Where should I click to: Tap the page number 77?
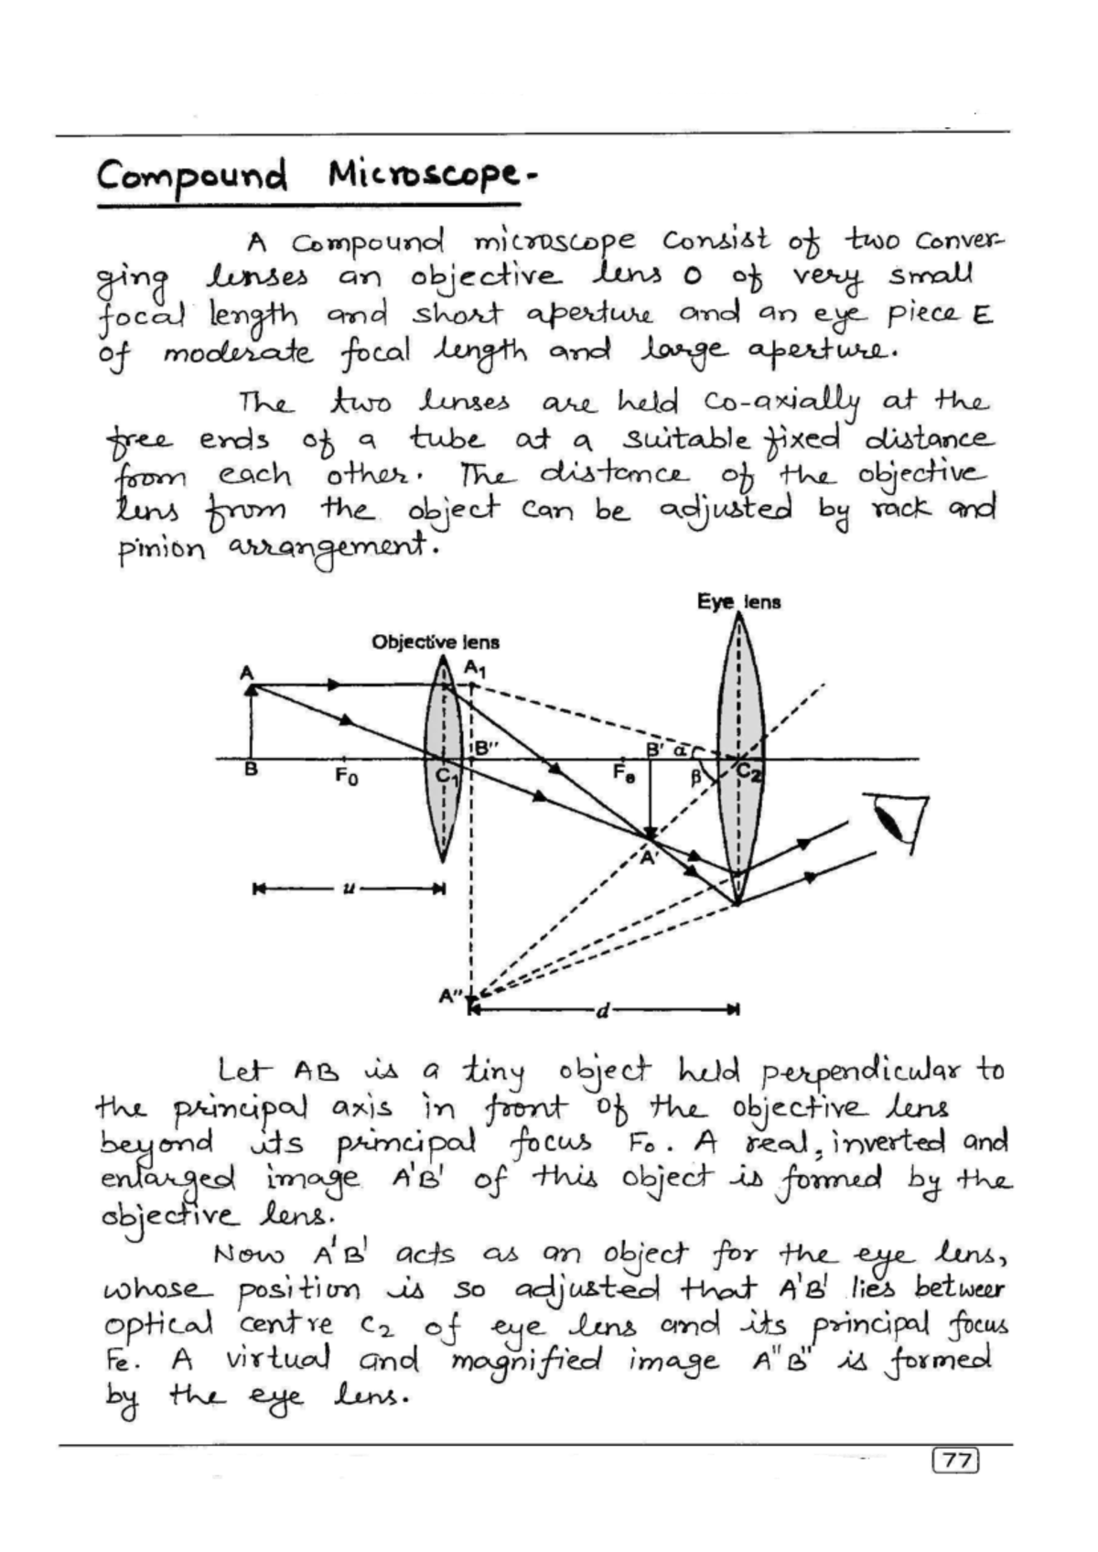(955, 1460)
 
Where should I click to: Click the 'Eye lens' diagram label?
(738, 602)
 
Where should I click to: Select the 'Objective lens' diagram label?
(435, 642)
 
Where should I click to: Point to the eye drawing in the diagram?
(900, 817)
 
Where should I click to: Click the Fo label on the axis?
(346, 778)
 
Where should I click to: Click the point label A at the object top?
(246, 673)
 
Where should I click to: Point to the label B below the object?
(250, 771)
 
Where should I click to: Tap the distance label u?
(348, 888)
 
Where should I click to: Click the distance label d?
(602, 1010)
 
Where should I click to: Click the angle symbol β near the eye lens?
(695, 778)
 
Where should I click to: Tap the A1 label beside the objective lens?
(475, 669)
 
